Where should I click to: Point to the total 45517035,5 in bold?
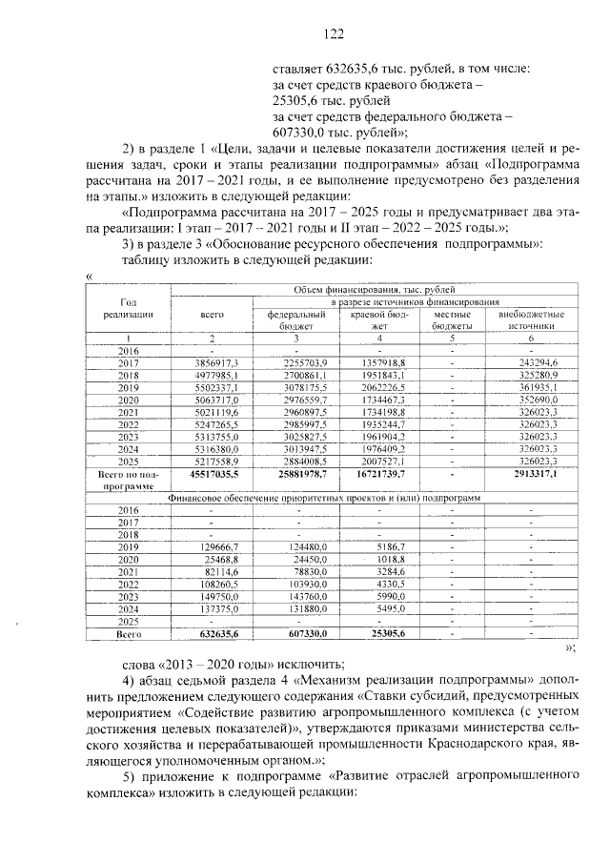pyautogui.click(x=215, y=472)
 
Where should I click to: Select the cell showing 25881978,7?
pyautogui.click(x=299, y=472)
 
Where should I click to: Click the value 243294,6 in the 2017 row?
pyautogui.click(x=534, y=363)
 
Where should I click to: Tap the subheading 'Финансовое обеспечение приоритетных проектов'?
pyautogui.click(x=324, y=498)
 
